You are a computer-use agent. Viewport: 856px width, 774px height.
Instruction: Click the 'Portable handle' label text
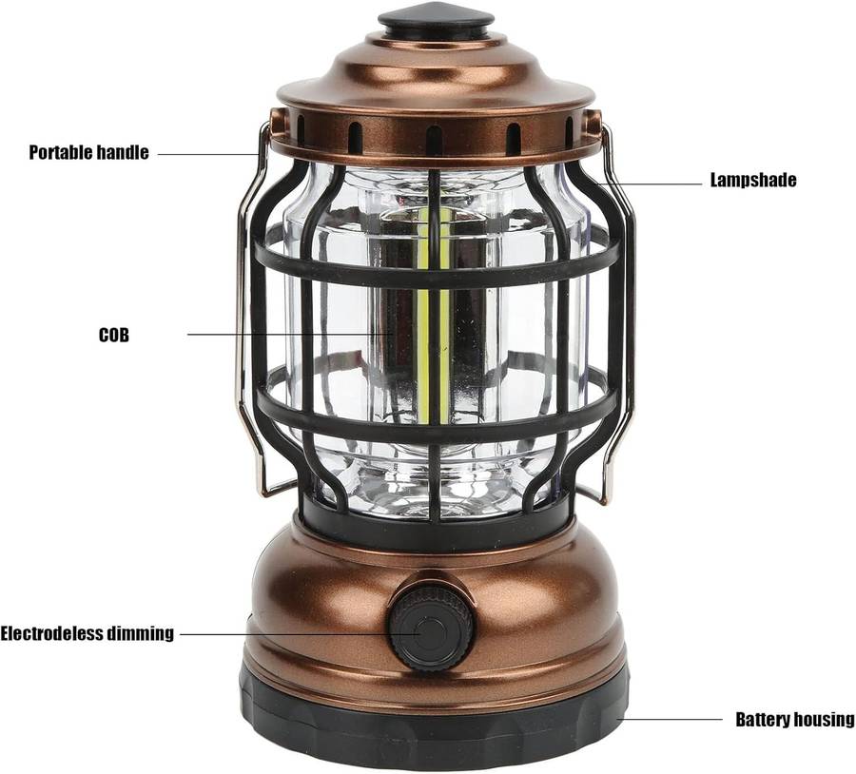point(88,152)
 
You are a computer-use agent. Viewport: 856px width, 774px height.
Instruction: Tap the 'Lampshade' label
point(753,180)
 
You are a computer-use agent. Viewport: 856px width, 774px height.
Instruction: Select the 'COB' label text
point(114,335)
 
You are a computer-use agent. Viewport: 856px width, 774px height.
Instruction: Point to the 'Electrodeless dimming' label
point(87,633)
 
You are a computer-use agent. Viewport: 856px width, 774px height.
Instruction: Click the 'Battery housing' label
point(795,720)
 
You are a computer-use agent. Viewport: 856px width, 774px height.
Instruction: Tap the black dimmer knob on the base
point(430,628)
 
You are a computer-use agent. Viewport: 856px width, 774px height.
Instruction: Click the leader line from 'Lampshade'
point(649,184)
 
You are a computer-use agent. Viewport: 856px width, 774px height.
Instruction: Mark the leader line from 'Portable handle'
point(209,154)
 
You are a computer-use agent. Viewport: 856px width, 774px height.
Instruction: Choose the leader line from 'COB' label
point(290,334)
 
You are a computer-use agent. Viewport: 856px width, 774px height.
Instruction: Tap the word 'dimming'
point(140,633)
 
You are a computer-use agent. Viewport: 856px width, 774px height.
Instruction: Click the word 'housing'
point(824,720)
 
